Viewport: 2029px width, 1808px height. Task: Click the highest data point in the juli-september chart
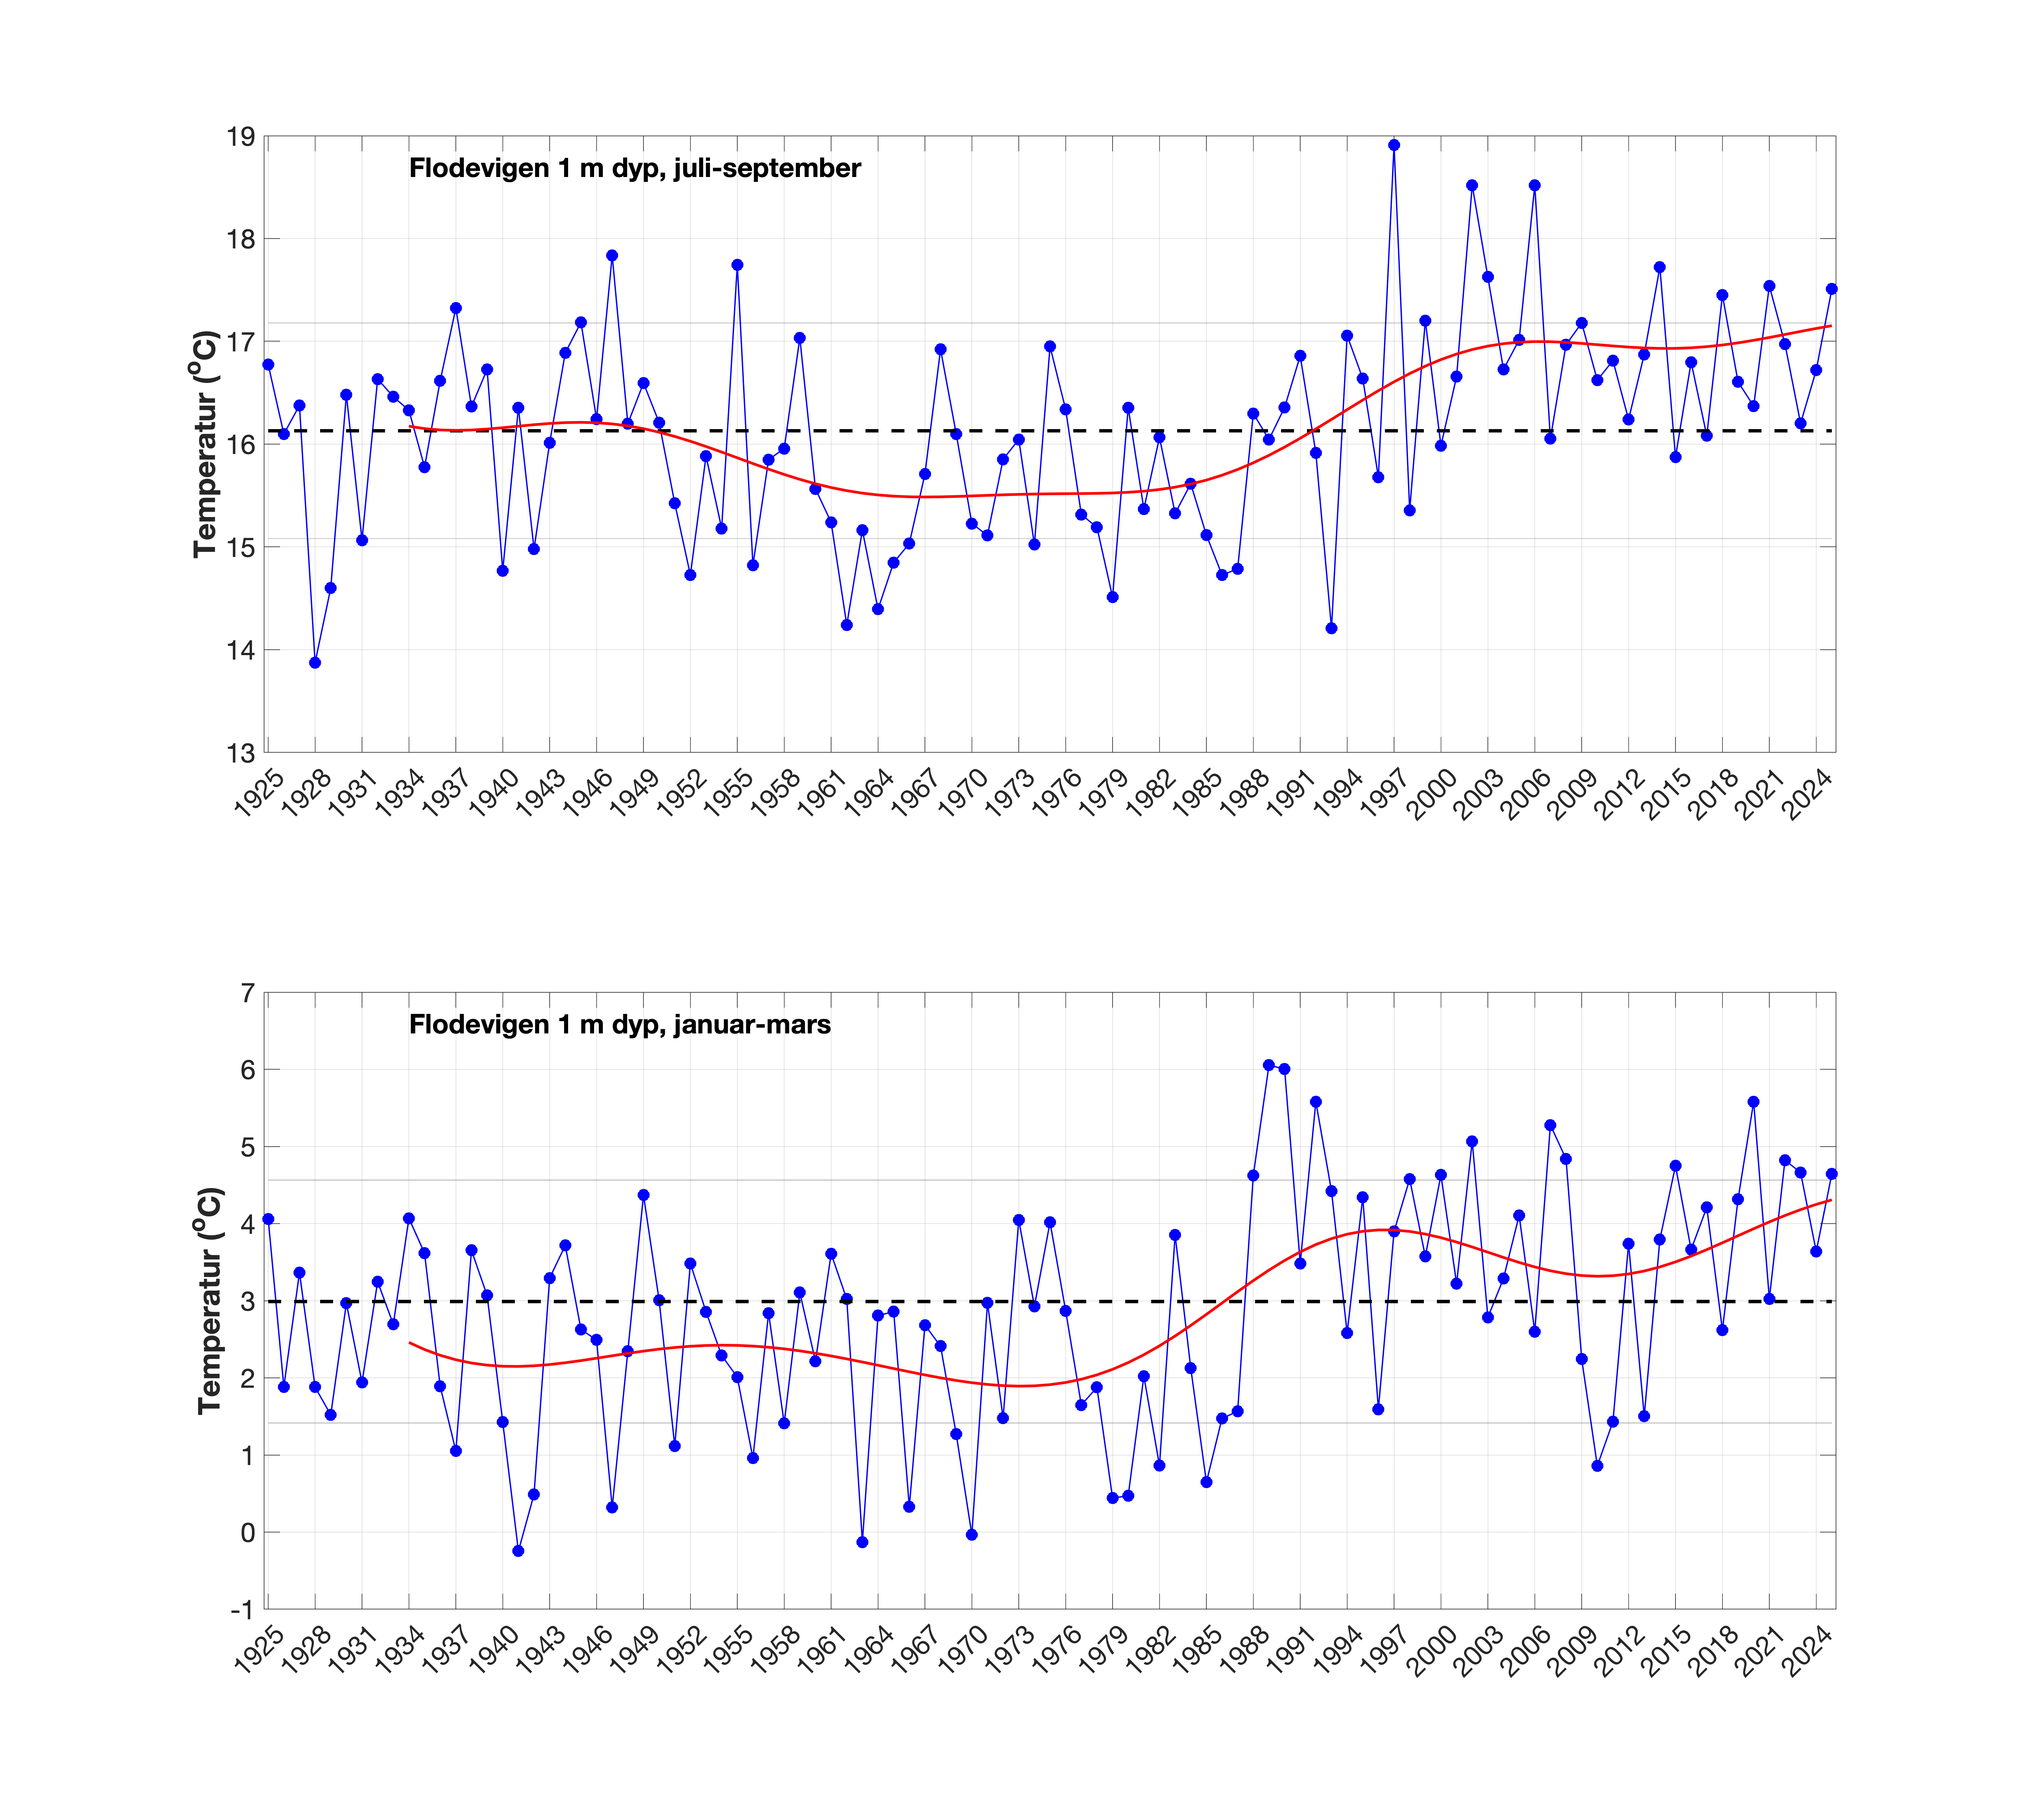pyautogui.click(x=1393, y=145)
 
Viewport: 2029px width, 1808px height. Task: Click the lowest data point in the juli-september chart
pyautogui.click(x=315, y=663)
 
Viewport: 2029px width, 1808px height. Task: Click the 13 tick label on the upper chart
pyautogui.click(x=240, y=753)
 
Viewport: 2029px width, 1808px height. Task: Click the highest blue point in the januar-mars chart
pyautogui.click(x=1268, y=1065)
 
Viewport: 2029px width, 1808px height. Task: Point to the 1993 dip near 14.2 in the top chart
pyautogui.click(x=1331, y=628)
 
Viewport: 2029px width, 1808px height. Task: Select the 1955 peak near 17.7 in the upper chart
pyautogui.click(x=737, y=265)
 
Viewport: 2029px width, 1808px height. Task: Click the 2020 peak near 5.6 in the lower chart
pyautogui.click(x=1753, y=1102)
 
